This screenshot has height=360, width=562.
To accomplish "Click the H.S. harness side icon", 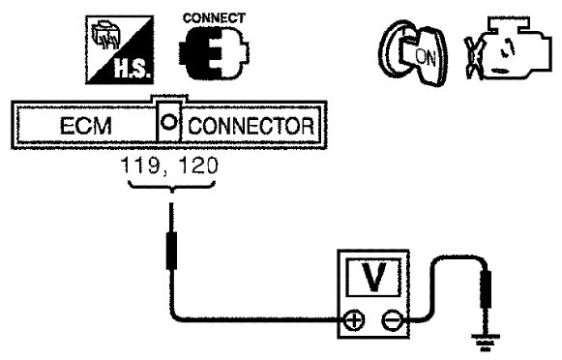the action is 120,49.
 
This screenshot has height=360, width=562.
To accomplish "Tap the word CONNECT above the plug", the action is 214,18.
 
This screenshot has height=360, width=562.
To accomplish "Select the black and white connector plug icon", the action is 214,53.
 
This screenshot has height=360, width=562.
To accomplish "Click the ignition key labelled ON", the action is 414,53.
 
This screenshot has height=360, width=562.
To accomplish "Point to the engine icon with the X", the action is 508,48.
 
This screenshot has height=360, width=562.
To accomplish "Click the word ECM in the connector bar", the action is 86,126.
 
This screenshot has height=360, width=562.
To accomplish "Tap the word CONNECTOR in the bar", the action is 251,126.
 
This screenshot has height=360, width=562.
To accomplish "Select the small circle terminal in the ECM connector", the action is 169,122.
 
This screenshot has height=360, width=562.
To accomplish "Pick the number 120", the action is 198,165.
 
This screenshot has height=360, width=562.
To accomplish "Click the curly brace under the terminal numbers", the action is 172,187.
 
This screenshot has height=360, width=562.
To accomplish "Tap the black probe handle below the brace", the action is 171,251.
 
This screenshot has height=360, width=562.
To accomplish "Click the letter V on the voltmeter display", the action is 373,277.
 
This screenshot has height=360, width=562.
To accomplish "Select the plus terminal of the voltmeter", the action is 354,320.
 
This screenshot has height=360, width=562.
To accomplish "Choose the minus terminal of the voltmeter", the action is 392,320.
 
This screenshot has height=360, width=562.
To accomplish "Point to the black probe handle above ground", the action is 486,289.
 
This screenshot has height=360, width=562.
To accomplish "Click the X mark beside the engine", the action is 473,57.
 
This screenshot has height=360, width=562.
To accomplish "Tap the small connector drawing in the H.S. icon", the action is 105,35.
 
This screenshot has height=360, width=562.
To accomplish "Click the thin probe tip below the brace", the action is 171,218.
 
